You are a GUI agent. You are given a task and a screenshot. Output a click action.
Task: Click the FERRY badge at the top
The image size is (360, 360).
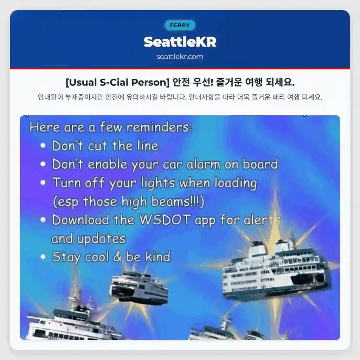(x=180, y=25)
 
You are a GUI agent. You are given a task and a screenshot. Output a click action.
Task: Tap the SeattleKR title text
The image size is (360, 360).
(x=180, y=42)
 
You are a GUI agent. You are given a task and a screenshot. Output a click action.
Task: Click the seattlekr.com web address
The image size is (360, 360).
(x=180, y=57)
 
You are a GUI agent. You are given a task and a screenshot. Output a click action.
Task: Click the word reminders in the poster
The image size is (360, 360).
(x=159, y=127)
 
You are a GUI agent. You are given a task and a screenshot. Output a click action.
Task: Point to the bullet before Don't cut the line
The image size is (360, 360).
(x=43, y=146)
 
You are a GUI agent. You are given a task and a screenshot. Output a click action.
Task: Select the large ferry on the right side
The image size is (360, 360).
(x=276, y=271)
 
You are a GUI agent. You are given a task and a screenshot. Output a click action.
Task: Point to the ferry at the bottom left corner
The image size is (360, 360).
(x=70, y=323)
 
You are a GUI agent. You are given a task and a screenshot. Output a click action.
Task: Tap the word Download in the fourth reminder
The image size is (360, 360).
(x=81, y=220)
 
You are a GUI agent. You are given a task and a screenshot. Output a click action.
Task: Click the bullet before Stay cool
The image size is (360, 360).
(x=43, y=257)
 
